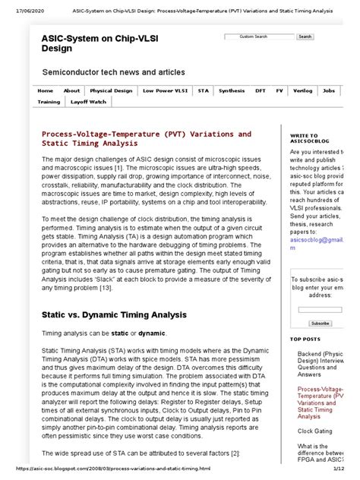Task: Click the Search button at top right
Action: click(305, 36)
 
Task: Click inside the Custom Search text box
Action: click(258, 36)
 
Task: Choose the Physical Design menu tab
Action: click(111, 90)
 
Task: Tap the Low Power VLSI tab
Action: click(165, 90)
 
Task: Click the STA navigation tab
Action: click(203, 90)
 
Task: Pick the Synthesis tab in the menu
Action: click(232, 90)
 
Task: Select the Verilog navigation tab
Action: click(303, 90)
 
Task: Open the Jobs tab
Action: click(328, 90)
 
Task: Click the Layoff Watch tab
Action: click(88, 101)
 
